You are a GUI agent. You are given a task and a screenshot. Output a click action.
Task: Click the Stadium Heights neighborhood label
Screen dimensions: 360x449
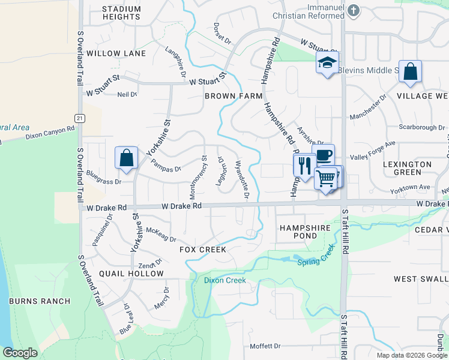click(x=121, y=13)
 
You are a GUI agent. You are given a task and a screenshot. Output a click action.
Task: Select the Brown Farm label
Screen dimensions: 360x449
click(x=234, y=96)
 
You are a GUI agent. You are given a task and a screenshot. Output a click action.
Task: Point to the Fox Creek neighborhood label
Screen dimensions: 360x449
click(x=203, y=249)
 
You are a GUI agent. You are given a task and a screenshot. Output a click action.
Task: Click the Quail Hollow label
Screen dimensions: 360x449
click(x=132, y=274)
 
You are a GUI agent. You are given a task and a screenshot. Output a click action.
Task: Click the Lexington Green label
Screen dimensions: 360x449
click(x=408, y=168)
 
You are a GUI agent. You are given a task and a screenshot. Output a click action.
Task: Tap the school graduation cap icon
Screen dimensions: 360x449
click(x=327, y=62)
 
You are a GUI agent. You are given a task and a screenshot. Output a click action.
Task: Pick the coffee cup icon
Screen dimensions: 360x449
click(x=323, y=155)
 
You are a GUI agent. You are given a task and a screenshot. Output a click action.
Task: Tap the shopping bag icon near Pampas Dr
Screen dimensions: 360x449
click(x=127, y=158)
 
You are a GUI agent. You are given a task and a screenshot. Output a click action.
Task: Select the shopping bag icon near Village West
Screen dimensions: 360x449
click(x=410, y=71)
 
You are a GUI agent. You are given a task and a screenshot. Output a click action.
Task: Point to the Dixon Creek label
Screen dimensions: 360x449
click(x=224, y=280)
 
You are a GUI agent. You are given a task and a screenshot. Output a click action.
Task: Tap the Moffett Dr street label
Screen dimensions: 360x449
click(x=265, y=346)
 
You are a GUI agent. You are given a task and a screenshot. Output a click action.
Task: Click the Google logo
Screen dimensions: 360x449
click(x=20, y=353)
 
